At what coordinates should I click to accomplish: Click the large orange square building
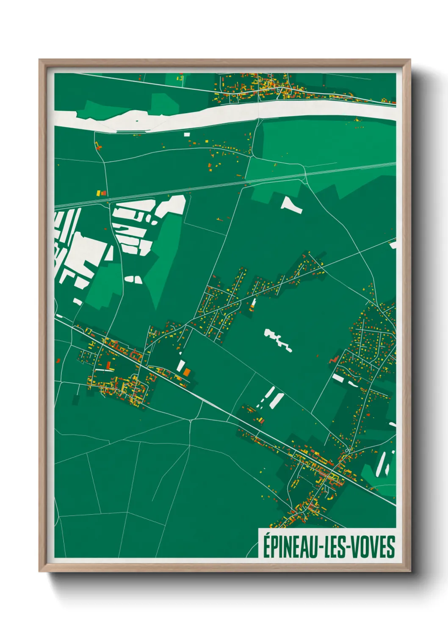[187, 372]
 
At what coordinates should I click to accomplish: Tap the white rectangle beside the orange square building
[181, 366]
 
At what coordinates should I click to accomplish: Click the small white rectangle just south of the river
[187, 134]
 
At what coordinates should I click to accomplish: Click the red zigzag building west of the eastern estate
[334, 359]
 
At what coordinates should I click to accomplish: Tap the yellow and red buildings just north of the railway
[101, 193]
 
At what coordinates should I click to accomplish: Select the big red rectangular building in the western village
[108, 365]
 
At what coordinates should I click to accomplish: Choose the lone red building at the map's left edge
[58, 361]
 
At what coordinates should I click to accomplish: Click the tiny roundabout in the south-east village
[347, 450]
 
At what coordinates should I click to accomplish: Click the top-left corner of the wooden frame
[40, 60]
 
